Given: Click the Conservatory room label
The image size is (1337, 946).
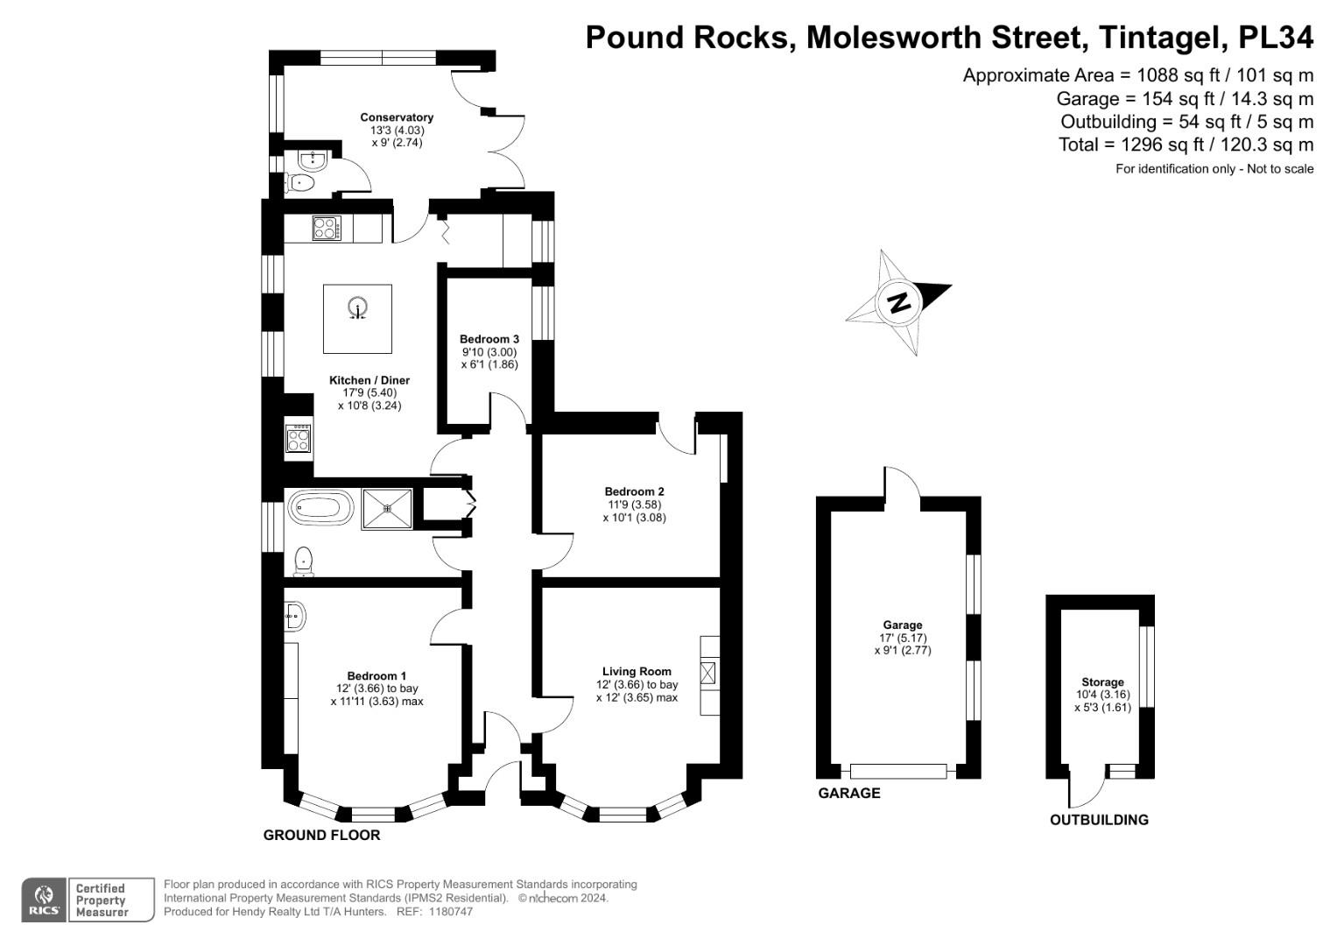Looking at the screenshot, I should point(397,117).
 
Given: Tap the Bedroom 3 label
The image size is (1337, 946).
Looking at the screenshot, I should point(489,339).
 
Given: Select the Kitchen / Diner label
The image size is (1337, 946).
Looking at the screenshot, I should point(369,380).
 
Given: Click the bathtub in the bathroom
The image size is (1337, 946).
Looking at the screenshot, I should point(320,508).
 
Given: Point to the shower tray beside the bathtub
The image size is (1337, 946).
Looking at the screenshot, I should point(386,509).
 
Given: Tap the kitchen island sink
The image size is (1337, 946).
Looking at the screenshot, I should point(357,309).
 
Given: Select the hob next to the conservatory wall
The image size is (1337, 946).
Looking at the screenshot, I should point(326,229).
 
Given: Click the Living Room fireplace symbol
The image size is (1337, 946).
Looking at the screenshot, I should point(709,674).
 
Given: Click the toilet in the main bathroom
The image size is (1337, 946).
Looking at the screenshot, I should point(304,561).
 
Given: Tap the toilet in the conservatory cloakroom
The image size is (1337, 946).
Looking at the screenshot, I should point(301,183).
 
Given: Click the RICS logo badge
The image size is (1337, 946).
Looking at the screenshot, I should point(43,900).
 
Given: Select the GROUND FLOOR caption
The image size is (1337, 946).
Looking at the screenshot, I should point(321,835).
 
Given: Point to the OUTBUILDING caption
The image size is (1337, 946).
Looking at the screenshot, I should point(1099,820).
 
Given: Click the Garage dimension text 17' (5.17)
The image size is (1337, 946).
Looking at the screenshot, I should point(902,638).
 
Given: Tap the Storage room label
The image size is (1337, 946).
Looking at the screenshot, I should point(1102,682).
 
